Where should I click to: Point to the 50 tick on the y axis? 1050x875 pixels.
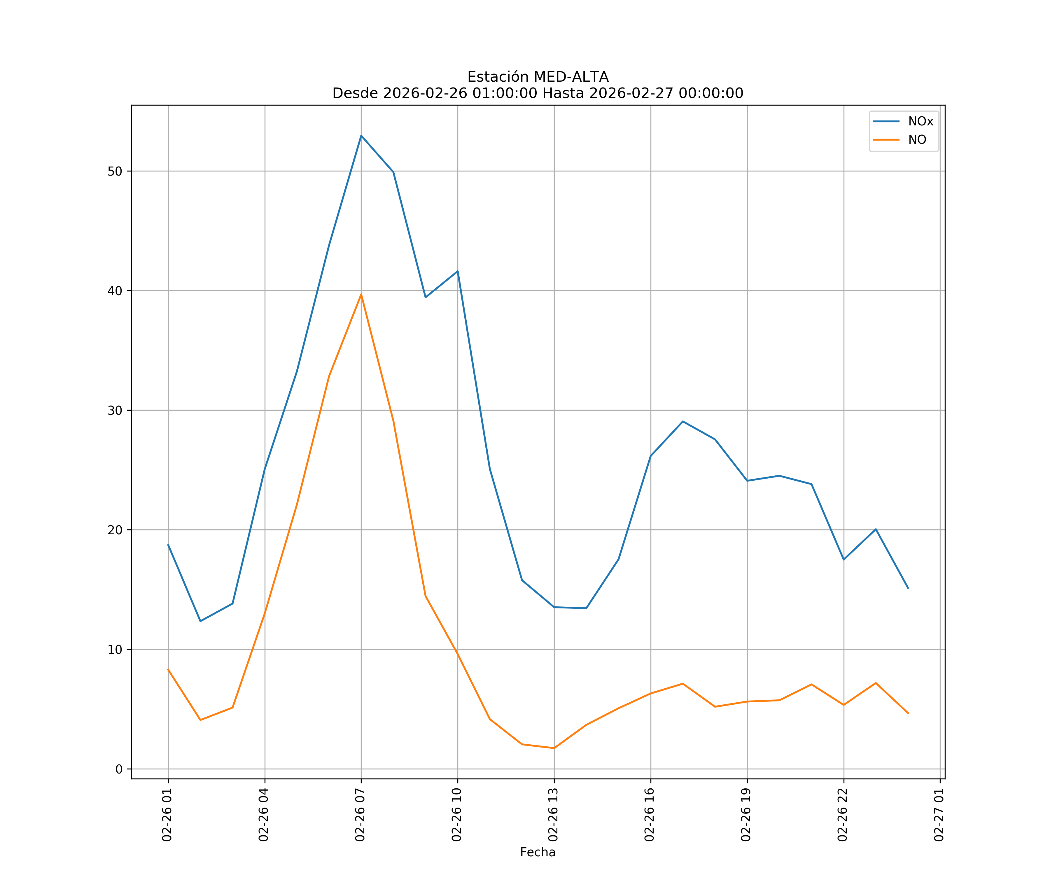coord(115,171)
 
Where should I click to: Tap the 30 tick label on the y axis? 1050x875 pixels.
coord(115,410)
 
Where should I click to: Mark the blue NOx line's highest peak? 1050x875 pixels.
coord(361,136)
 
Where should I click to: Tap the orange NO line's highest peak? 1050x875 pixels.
coord(361,295)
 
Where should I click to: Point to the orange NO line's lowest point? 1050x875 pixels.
coord(554,748)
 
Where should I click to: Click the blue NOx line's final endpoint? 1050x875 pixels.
coord(908,589)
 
